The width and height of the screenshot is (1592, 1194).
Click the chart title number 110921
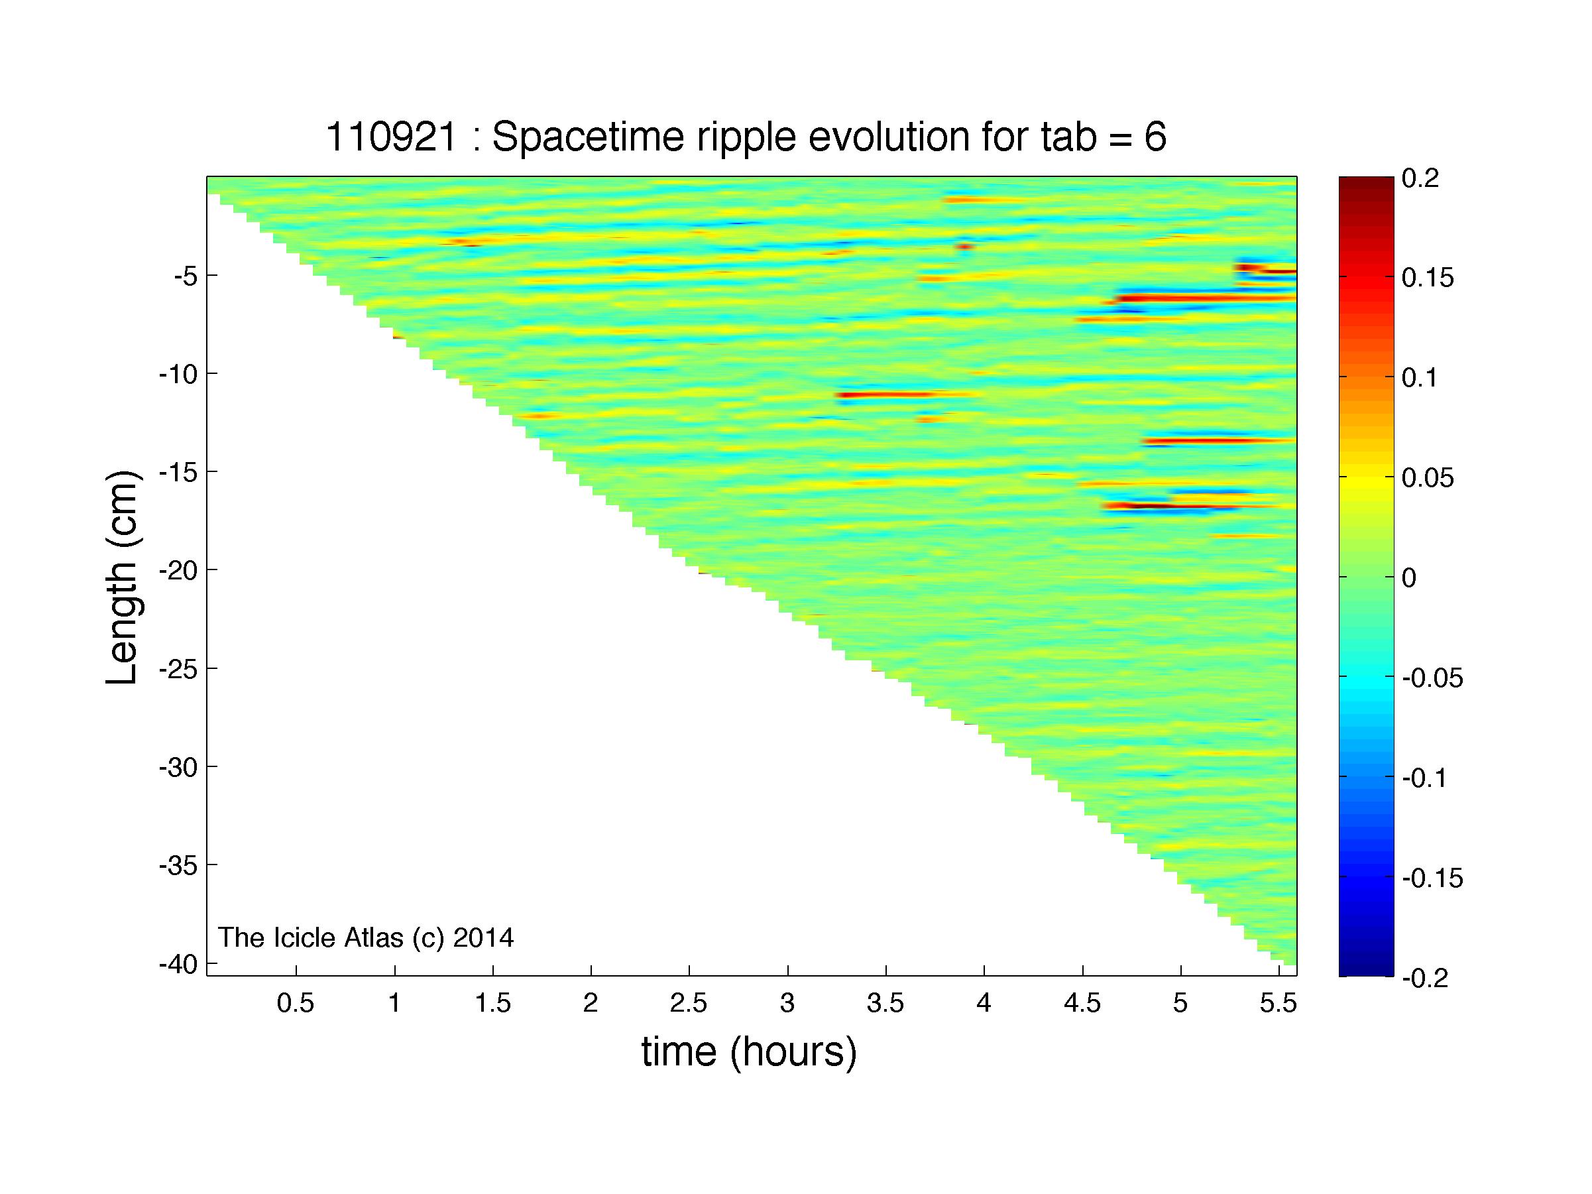392,137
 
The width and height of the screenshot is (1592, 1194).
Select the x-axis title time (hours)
749,1052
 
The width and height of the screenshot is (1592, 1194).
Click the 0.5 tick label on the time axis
296,1004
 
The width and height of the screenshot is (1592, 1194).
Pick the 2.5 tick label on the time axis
689,1004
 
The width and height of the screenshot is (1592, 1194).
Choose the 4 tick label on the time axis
984,1004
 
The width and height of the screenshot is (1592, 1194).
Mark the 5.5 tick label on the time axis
1279,1004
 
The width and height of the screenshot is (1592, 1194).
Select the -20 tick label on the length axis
178,570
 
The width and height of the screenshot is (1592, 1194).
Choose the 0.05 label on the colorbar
1428,478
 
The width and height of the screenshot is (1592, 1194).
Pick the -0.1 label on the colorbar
1424,778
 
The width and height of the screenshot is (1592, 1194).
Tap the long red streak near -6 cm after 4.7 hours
1206,297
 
